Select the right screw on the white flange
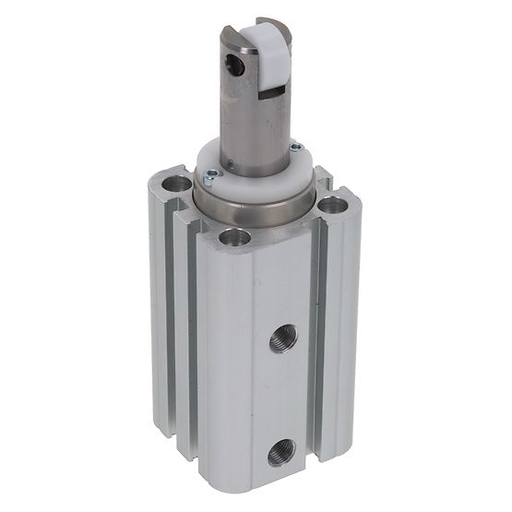(x=294, y=148)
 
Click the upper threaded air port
(x=281, y=343)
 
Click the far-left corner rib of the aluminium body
(x=159, y=304)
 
